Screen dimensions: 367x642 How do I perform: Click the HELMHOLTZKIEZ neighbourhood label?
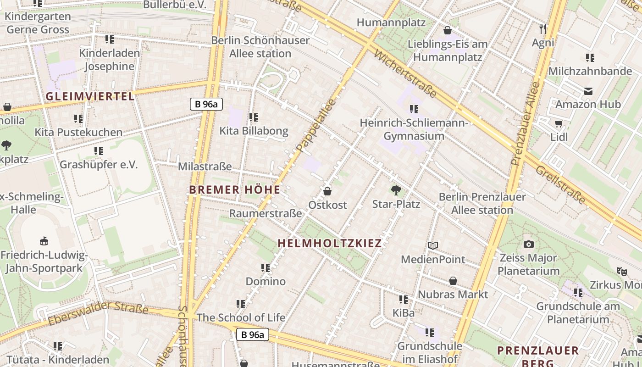tap(330, 243)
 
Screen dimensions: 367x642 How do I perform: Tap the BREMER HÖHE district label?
tap(234, 189)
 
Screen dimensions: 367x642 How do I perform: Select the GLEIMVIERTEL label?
tap(90, 96)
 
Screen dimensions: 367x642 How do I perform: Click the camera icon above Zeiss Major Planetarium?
tap(528, 245)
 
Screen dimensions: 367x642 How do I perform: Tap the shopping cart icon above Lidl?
tap(559, 123)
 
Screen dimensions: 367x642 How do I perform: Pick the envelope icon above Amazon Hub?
tap(588, 91)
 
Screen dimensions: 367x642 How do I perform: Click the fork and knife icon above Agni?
tap(543, 29)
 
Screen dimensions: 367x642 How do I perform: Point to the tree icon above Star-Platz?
tap(396, 190)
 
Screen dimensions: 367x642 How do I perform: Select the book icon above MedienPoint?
tap(432, 246)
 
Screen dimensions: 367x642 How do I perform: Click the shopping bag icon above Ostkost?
tap(327, 191)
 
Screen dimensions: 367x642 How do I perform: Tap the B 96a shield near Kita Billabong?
tap(206, 104)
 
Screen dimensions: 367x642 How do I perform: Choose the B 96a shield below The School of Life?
tap(253, 334)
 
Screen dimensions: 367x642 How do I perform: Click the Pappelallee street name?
tap(316, 125)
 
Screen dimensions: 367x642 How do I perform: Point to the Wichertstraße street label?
tap(405, 74)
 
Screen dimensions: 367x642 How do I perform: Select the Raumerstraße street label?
tap(266, 213)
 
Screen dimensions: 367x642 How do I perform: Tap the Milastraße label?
tap(205, 167)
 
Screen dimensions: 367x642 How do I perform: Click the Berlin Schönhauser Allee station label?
tap(260, 47)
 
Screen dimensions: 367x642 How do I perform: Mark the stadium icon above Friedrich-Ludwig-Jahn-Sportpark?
tap(44, 240)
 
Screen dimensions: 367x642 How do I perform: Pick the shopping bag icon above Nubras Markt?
tap(453, 280)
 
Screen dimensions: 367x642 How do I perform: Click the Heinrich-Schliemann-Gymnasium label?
tap(414, 129)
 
